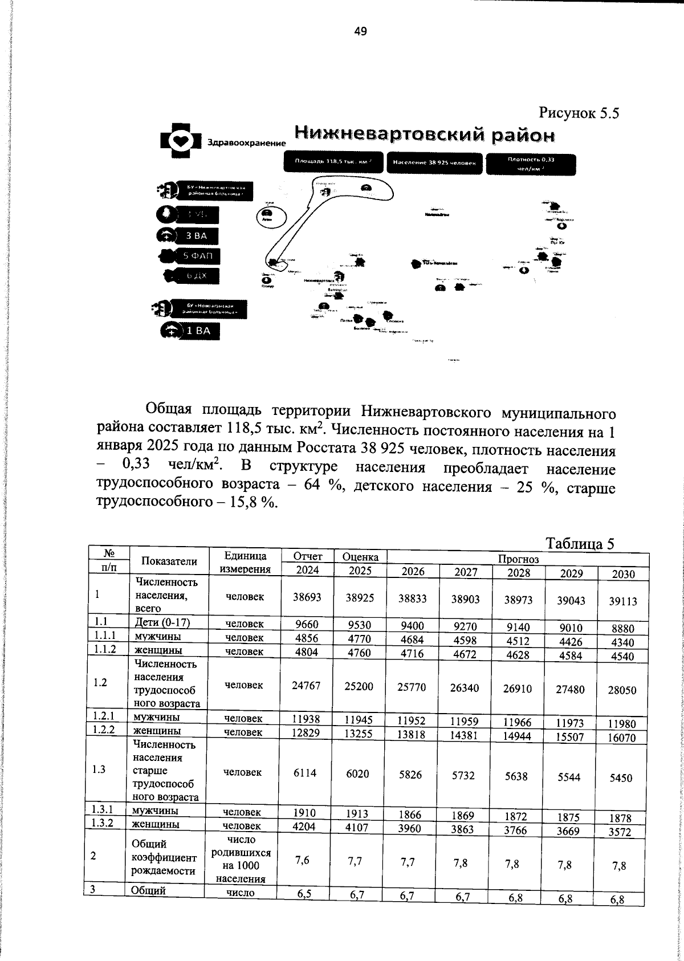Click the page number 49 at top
point(360,31)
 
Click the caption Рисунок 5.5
point(579,113)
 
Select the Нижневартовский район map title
point(425,135)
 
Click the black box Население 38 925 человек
point(434,162)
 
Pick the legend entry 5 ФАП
point(197,256)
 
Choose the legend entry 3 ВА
point(196,235)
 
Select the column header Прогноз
point(518,559)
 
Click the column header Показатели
point(169,561)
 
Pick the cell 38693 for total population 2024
point(307,597)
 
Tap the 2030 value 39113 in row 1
point(622,601)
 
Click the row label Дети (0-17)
point(162,622)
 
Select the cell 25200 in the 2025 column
point(359,686)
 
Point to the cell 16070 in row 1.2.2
point(622,738)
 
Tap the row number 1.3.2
point(103,822)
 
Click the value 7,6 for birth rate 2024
point(303,861)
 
